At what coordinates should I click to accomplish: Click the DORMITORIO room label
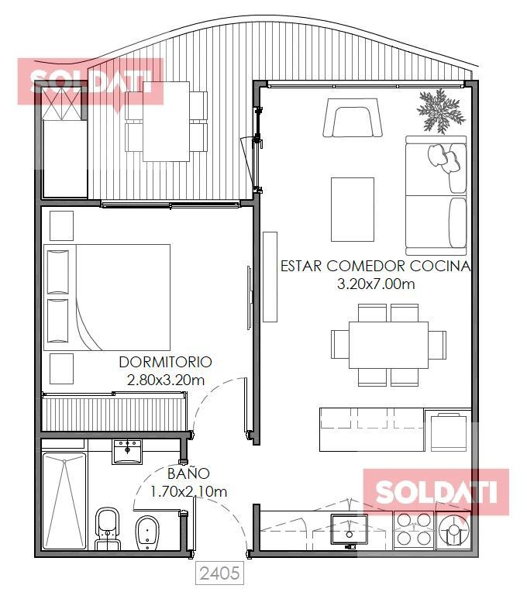coord(165,362)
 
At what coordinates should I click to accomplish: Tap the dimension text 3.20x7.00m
coord(376,284)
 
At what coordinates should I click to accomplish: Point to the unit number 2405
coord(219,573)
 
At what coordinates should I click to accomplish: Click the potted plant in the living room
coord(441,111)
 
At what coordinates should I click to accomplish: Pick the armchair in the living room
coord(353,118)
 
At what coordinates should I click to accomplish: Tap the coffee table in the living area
coord(353,209)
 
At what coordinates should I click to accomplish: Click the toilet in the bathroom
coord(108,528)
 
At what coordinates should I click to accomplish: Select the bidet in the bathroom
coord(146,532)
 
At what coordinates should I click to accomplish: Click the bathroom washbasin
coord(127,451)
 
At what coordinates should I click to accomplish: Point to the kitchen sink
coord(350,530)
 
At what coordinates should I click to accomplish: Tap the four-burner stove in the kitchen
coord(415,529)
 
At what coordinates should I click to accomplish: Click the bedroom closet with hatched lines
coord(114,412)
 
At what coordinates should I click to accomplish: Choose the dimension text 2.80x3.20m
coord(166,380)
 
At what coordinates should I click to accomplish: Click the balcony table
coord(166,122)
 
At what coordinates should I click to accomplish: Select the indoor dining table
coord(388,345)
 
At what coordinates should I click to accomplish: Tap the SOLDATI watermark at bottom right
coord(436,491)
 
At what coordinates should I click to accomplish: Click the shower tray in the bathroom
coord(64,501)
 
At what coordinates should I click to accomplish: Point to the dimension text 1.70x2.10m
coord(189,491)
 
